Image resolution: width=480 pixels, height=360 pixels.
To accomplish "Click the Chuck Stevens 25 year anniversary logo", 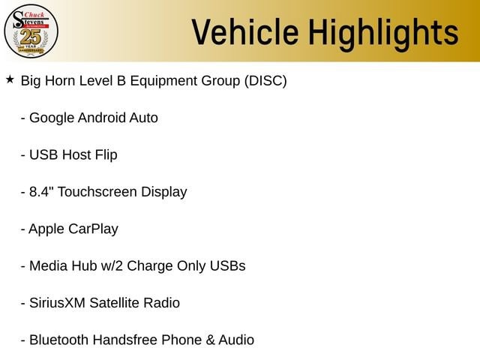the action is (31, 31).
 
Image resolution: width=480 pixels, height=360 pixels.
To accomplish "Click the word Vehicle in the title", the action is (245, 32).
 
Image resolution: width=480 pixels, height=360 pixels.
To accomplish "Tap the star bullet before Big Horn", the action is (10, 79).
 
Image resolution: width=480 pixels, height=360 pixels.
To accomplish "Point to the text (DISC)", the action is (265, 81).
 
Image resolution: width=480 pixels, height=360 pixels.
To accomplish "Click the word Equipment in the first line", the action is (163, 82).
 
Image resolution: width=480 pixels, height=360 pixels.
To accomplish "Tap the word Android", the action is (102, 118).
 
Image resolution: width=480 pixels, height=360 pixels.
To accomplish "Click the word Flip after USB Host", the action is (106, 155).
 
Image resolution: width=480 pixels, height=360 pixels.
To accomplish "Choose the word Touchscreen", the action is (97, 192).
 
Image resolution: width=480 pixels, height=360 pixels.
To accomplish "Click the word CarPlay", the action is (93, 229).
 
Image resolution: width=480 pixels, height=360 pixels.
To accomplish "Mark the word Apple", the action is (46, 229).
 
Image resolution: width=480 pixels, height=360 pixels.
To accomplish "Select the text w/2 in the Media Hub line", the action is (112, 265).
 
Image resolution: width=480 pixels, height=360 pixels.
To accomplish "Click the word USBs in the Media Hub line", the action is (227, 265).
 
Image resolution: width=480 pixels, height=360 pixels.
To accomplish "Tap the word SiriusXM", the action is (57, 303).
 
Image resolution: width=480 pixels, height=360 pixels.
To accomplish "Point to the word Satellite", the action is (114, 303).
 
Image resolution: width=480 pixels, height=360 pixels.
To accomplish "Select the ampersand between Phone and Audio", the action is (210, 340).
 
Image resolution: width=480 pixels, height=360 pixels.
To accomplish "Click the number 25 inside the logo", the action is (31, 37).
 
